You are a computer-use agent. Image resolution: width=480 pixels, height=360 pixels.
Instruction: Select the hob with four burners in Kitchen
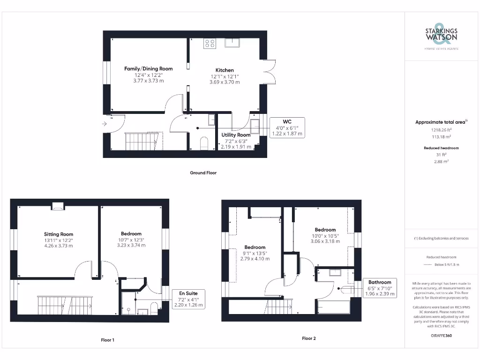click(x=210, y=43)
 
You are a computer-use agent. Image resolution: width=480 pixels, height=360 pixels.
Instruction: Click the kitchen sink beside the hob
click(x=232, y=43)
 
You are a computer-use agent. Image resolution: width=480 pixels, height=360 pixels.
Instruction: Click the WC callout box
click(x=287, y=127)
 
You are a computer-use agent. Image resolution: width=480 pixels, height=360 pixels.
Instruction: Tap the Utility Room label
click(x=236, y=135)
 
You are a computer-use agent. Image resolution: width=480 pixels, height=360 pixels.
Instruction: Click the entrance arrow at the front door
click(x=104, y=124)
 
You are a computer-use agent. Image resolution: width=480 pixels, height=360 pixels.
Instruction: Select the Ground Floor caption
click(x=203, y=172)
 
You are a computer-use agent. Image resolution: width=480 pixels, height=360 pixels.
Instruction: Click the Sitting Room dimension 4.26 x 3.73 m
click(x=59, y=245)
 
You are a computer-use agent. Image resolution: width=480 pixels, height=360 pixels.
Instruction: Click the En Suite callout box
click(x=188, y=299)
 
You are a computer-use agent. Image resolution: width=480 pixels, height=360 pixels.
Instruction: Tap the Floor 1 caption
click(x=107, y=340)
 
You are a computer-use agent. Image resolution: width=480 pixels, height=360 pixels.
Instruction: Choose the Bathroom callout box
click(x=379, y=288)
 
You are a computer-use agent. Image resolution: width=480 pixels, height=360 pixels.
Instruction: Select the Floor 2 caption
click(x=308, y=338)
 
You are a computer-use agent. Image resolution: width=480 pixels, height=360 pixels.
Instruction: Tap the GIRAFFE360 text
click(x=441, y=336)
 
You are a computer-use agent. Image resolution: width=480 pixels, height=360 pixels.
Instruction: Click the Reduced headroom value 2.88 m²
click(x=441, y=161)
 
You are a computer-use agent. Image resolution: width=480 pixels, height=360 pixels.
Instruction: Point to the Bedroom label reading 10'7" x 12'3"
click(x=131, y=240)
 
